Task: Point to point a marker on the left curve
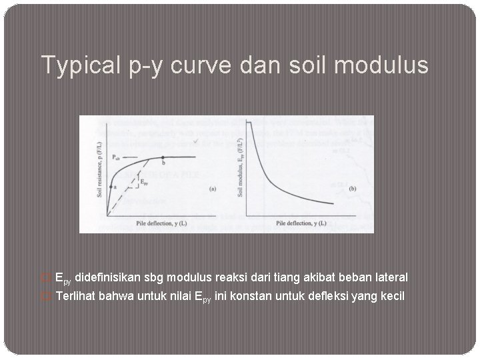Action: tap(111, 189)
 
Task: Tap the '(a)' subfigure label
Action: tap(212, 189)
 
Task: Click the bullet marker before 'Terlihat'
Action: tap(46, 296)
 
